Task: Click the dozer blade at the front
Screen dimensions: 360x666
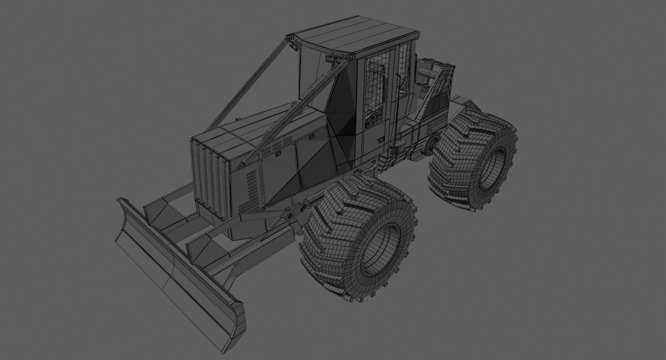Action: coord(173,264)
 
